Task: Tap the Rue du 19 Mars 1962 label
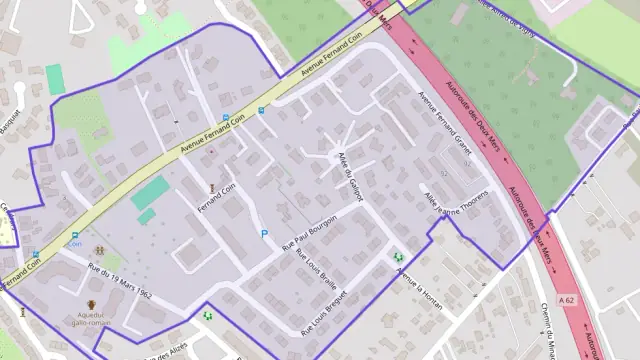click(119, 281)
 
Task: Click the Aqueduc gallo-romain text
click(92, 320)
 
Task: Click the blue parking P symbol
click(264, 234)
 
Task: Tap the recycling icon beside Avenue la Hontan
click(399, 257)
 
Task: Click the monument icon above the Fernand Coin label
click(211, 187)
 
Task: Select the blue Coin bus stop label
click(74, 243)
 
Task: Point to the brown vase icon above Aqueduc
click(92, 304)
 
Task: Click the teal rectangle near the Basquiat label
click(55, 79)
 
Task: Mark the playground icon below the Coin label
click(99, 251)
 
